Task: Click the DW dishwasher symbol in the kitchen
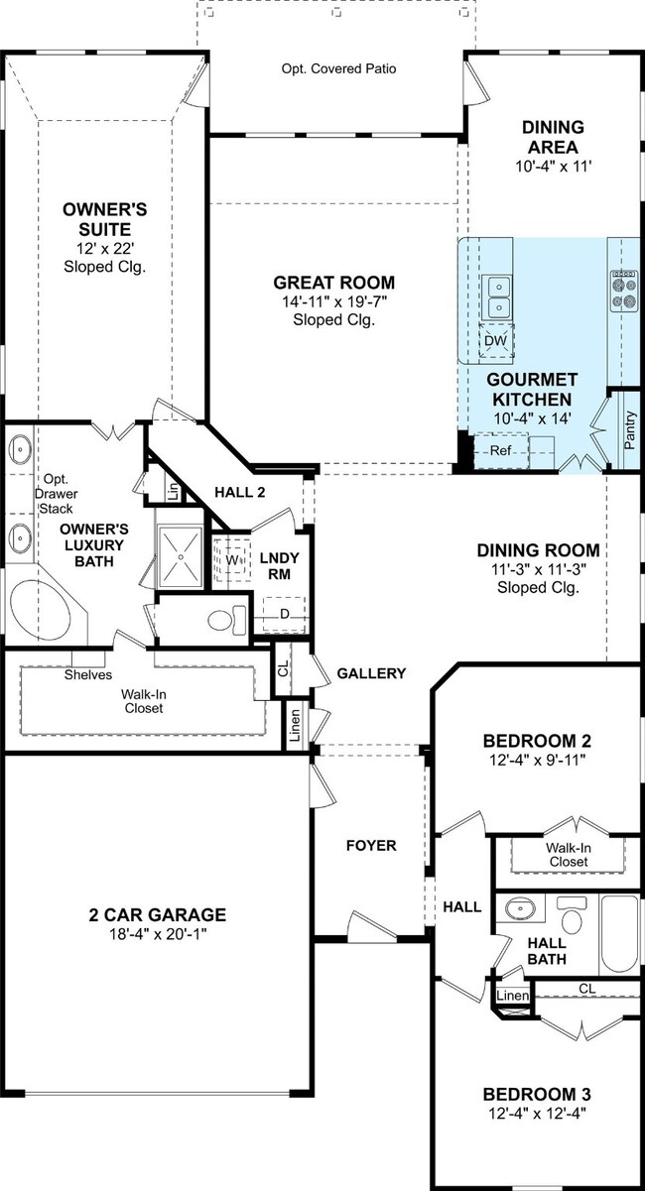click(x=496, y=341)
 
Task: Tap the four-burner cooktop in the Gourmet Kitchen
click(x=624, y=291)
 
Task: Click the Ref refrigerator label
click(x=500, y=451)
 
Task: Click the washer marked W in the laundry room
click(x=231, y=560)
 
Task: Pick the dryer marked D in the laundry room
click(x=284, y=615)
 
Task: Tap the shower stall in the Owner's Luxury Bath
click(x=182, y=557)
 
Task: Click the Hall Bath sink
click(x=522, y=908)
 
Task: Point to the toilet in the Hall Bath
click(x=573, y=913)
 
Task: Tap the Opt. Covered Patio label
click(x=339, y=68)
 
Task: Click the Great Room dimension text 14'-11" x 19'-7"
click(x=333, y=301)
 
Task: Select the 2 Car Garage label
click(x=158, y=914)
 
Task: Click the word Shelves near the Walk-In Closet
click(x=88, y=674)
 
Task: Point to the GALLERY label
click(x=371, y=673)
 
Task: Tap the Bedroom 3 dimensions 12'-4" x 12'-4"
click(x=538, y=1113)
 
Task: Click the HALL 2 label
click(x=240, y=492)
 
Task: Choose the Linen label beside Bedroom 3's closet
click(x=513, y=996)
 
